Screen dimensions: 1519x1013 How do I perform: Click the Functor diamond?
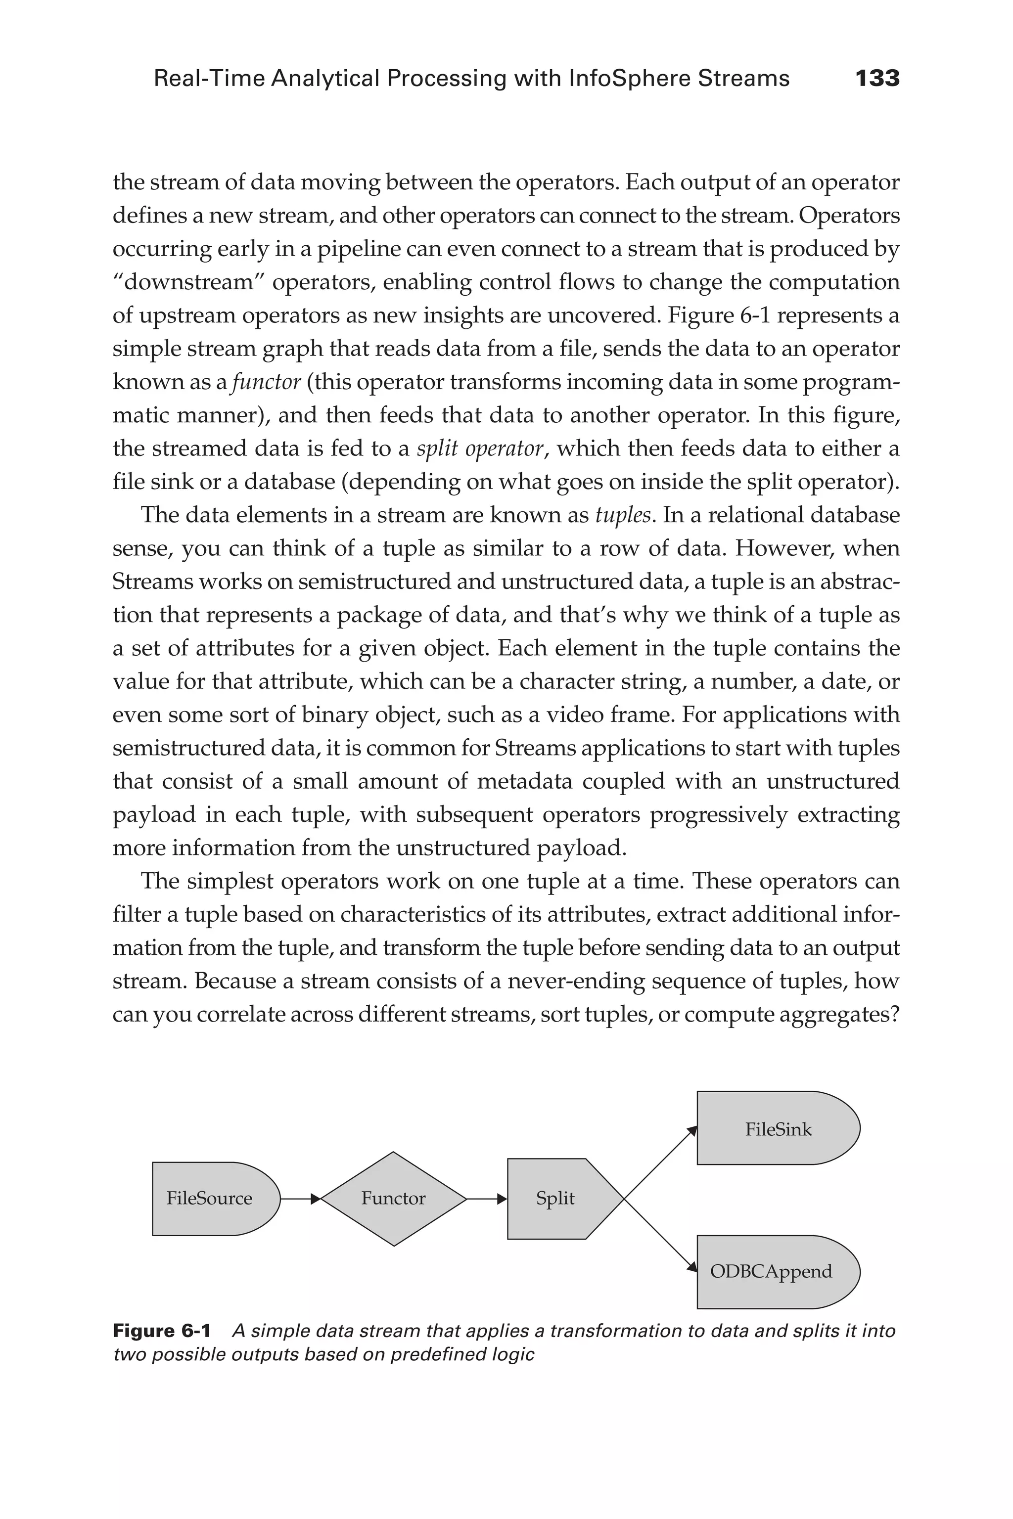393,1199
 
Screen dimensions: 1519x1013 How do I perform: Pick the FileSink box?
778,1129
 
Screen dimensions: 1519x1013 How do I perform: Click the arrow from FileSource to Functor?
300,1199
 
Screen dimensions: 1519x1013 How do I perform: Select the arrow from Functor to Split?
487,1199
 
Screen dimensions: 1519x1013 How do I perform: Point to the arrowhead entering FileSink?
692,1131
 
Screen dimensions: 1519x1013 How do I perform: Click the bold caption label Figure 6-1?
162,1331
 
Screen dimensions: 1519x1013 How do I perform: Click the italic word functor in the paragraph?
266,382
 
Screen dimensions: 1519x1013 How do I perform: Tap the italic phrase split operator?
480,448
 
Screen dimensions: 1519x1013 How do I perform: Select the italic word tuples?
622,515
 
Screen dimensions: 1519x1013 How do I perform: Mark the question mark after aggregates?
894,1014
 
